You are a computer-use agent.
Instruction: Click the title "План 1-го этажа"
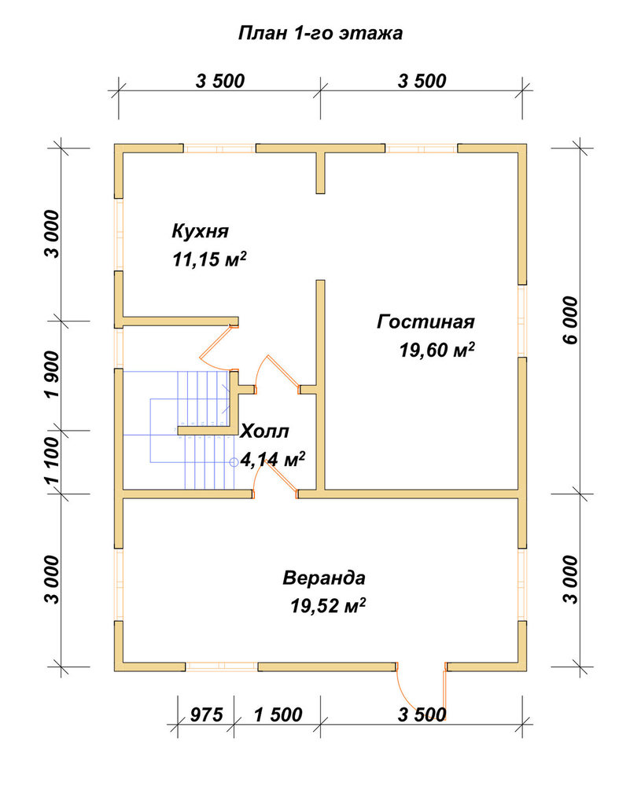click(320, 33)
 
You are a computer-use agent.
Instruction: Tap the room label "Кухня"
click(200, 231)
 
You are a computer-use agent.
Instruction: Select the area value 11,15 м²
click(210, 259)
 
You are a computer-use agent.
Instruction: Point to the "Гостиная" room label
click(425, 321)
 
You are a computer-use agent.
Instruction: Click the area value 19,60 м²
click(437, 350)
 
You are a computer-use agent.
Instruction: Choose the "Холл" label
click(265, 431)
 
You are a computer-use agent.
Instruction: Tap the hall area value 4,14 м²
click(273, 459)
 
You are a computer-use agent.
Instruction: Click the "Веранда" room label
click(324, 578)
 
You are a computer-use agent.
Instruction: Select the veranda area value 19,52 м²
click(328, 605)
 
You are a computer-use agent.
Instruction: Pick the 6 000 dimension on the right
click(570, 320)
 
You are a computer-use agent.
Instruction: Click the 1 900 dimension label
click(52, 373)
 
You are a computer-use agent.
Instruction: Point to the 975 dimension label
click(206, 714)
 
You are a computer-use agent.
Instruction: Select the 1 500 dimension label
click(278, 714)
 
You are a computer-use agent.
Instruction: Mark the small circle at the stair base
click(234, 462)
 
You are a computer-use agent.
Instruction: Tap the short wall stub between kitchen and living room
click(320, 173)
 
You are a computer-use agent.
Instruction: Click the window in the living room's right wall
click(522, 321)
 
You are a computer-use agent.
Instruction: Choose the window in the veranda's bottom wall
click(221, 667)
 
